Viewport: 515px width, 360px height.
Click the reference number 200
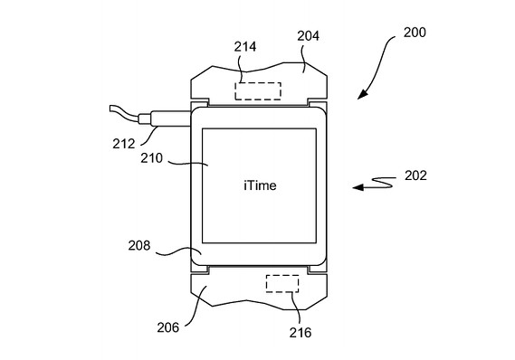click(415, 33)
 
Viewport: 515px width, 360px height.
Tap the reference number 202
click(415, 175)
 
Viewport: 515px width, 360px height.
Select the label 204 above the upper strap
click(308, 36)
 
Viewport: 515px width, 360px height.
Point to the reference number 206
click(167, 327)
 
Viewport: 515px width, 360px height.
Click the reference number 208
click(139, 245)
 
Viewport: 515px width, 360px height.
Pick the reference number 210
click(152, 158)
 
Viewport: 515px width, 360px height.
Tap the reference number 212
click(124, 144)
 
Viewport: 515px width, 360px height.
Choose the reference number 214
click(245, 47)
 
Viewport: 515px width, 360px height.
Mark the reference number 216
click(300, 333)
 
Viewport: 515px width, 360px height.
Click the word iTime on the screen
click(260, 185)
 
